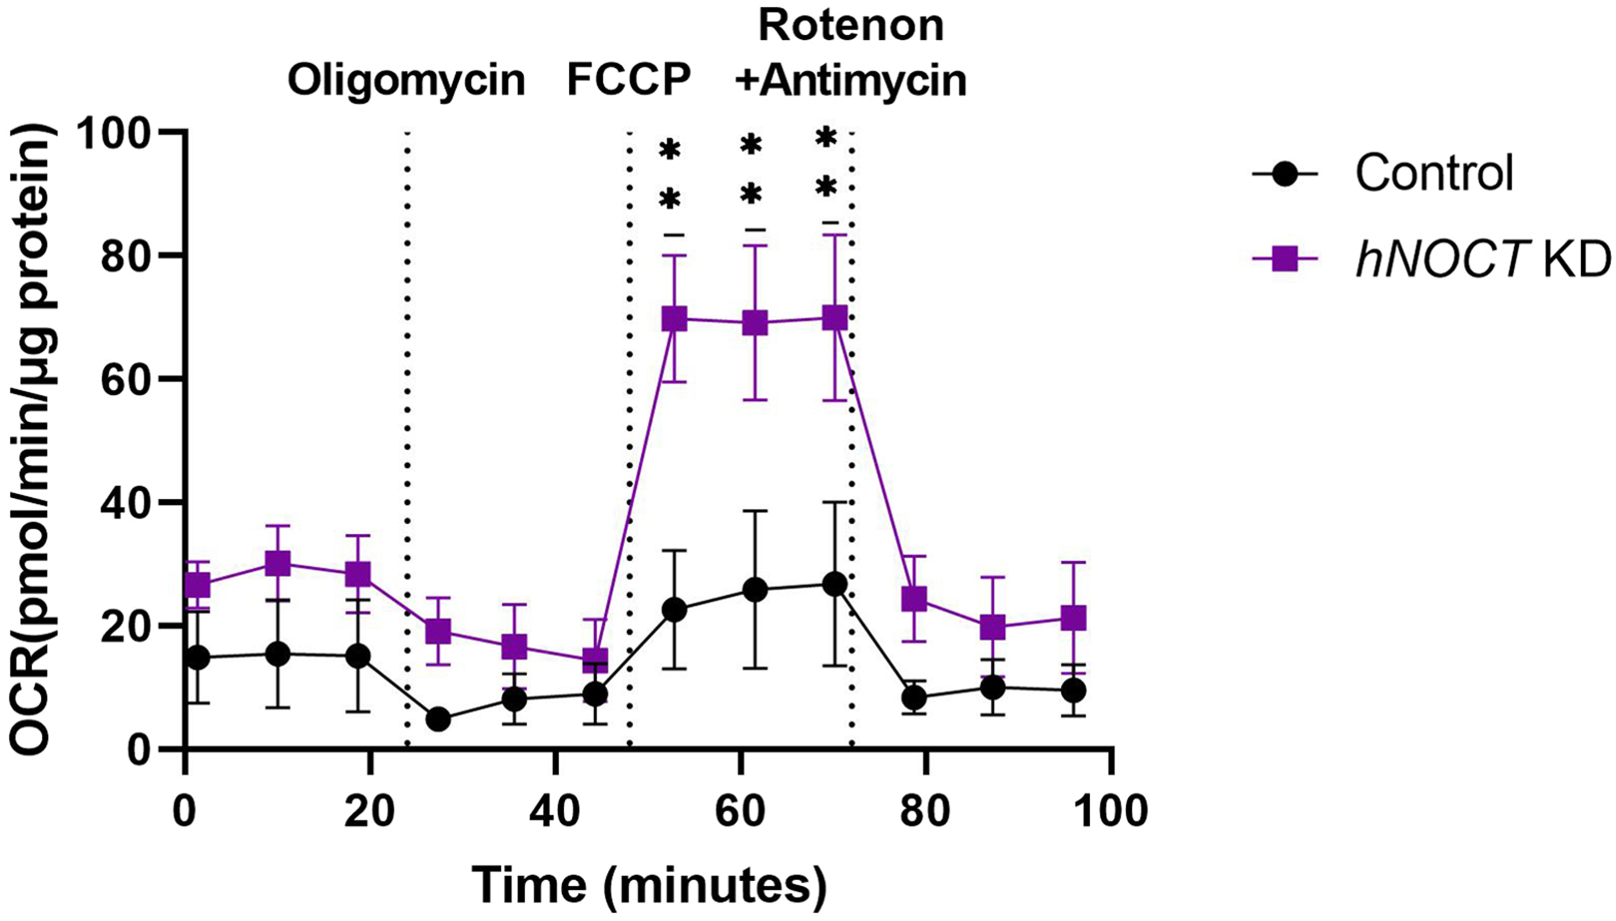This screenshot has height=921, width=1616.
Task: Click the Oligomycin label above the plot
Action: pyautogui.click(x=406, y=81)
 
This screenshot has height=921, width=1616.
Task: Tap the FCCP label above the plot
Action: pyautogui.click(x=629, y=81)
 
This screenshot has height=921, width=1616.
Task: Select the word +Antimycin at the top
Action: pyautogui.click(x=850, y=81)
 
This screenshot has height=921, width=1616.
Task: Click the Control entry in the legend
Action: pyautogui.click(x=1433, y=173)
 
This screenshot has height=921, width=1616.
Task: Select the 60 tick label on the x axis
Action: pyautogui.click(x=741, y=810)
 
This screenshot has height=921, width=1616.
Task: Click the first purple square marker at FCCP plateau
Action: pyautogui.click(x=675, y=319)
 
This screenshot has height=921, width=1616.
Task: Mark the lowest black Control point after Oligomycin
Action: pyautogui.click(x=437, y=719)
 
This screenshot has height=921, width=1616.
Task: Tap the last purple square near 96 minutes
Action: pyautogui.click(x=1074, y=619)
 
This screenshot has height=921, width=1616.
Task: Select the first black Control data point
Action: pyautogui.click(x=198, y=658)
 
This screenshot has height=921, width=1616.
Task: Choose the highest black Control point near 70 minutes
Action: pyautogui.click(x=835, y=584)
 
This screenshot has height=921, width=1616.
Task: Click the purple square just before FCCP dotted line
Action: pyautogui.click(x=595, y=661)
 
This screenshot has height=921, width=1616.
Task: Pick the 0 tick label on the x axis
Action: pyautogui.click(x=186, y=810)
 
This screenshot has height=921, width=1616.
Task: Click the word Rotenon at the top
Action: pyautogui.click(x=850, y=26)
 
